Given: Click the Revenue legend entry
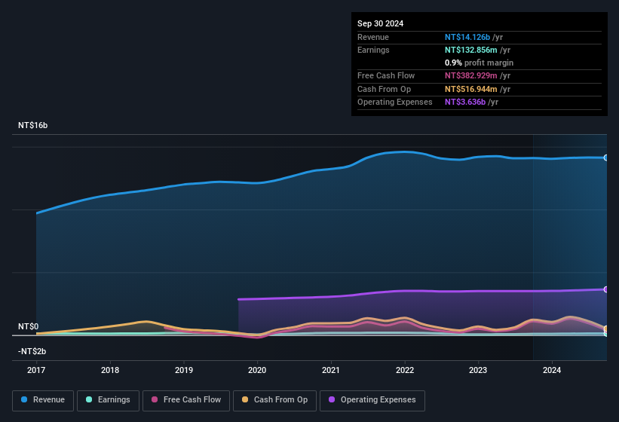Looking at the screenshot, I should [43, 399].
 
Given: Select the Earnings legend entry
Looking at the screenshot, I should [108, 399].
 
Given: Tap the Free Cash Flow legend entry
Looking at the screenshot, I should [186, 399].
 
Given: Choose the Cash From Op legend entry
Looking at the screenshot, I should [274, 399].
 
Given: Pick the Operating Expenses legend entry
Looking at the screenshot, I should [372, 399].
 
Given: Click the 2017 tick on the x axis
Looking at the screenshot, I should [36, 370].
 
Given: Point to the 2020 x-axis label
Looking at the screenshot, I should [257, 370].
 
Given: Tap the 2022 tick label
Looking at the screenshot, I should [405, 370].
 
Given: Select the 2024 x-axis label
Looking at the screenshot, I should [552, 370].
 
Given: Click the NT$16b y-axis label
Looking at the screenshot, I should [33, 125].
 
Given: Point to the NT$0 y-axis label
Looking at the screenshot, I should [28, 326].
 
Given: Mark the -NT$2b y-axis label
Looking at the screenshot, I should [32, 351].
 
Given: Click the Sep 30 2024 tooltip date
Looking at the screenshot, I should [380, 23].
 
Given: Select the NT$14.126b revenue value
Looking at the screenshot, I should [467, 37].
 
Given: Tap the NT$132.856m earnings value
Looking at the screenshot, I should [472, 50].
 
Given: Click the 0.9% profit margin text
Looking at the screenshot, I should [479, 63].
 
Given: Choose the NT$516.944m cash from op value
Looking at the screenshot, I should [471, 89].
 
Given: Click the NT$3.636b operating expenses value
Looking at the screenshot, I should [465, 102].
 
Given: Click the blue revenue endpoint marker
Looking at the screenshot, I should [606, 157].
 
